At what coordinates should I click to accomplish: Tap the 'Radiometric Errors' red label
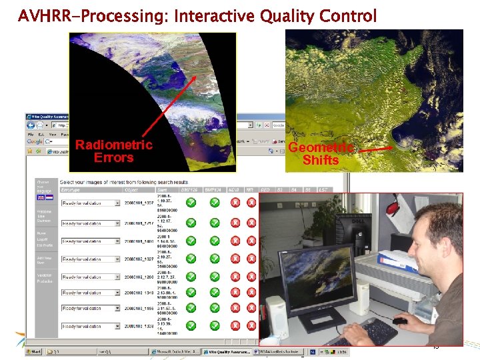pos(113,151)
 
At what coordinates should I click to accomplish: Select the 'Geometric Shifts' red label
pos(321,153)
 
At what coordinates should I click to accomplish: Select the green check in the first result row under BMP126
pos(191,203)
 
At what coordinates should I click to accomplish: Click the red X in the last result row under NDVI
pos(234,326)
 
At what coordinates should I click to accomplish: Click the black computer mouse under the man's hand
pos(399,321)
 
